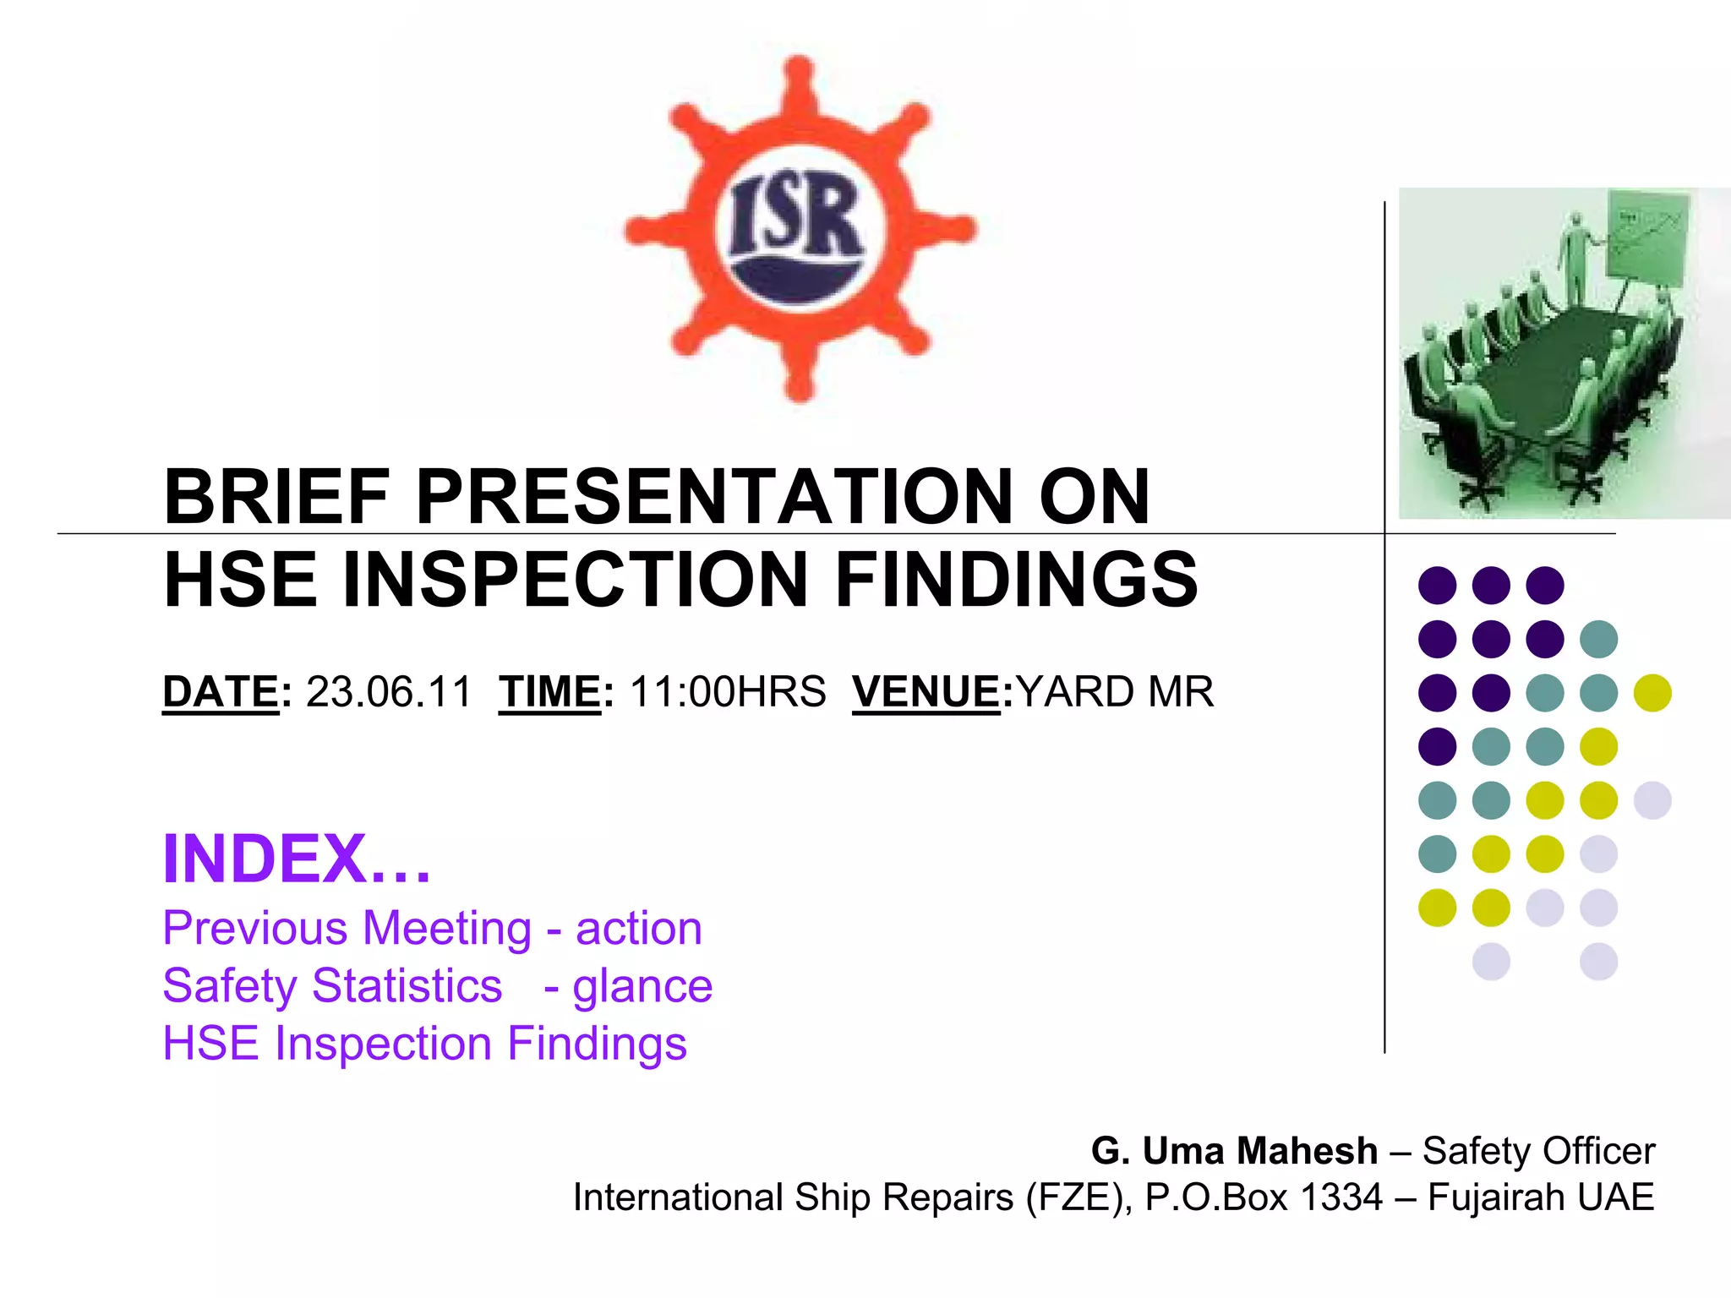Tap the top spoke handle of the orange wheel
[799, 76]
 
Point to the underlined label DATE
[221, 692]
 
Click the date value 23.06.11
[388, 692]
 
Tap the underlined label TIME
[549, 692]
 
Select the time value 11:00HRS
[728, 692]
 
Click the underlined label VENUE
[926, 692]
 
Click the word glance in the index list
[642, 986]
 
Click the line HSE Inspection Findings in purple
[424, 1043]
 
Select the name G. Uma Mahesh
[1234, 1151]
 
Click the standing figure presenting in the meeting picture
[1575, 258]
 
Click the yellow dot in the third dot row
[1652, 693]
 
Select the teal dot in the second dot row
[1598, 639]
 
